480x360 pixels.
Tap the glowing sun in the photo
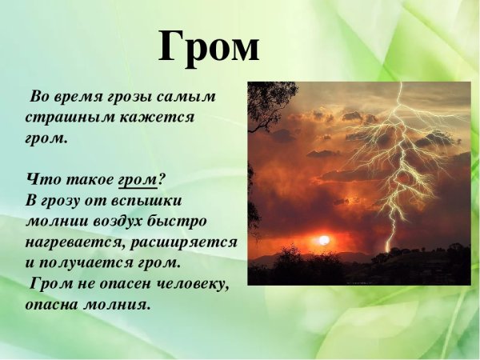324,239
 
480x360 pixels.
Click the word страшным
62,118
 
